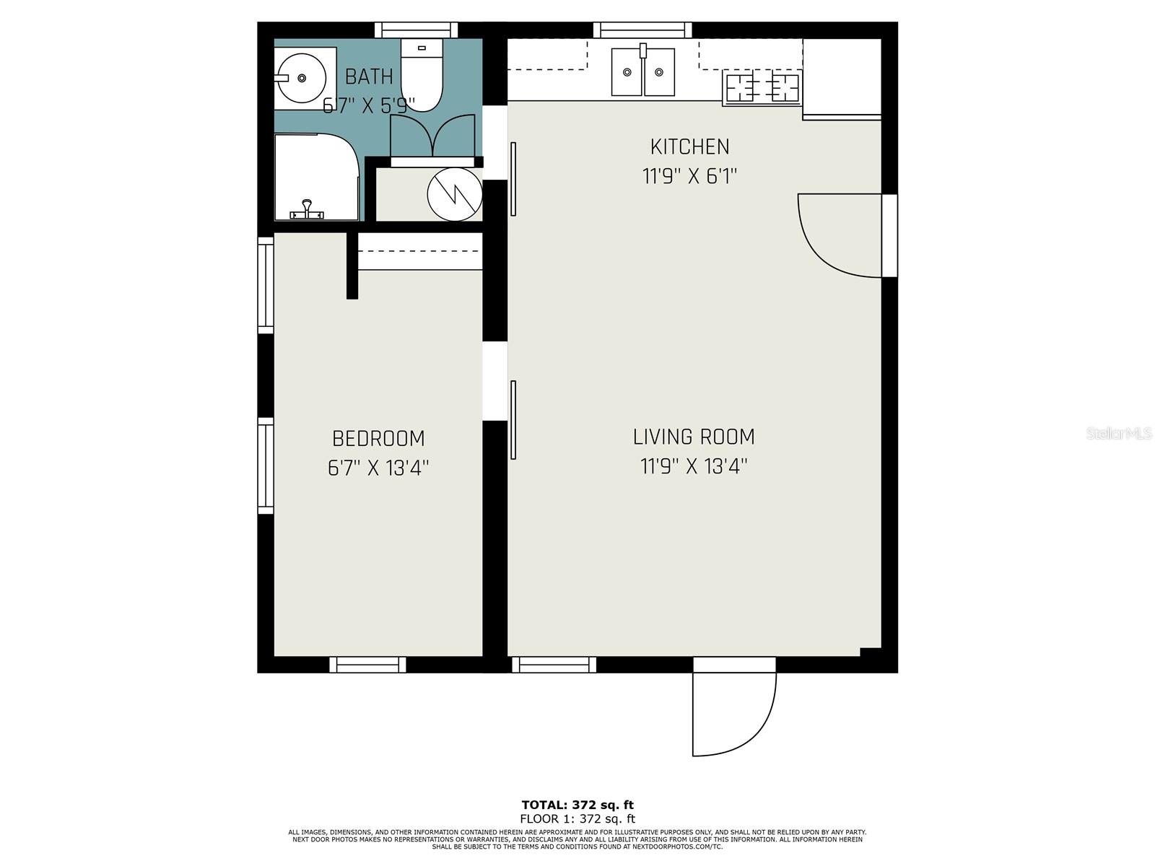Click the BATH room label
click(x=369, y=76)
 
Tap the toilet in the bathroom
click(x=422, y=78)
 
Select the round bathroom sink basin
click(x=302, y=78)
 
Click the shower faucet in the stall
click(x=308, y=211)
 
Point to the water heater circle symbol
click(x=454, y=193)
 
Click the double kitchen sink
click(x=642, y=71)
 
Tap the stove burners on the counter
click(x=762, y=88)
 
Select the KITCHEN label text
click(x=689, y=147)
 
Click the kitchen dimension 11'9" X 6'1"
click(x=689, y=176)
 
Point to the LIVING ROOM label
click(x=694, y=437)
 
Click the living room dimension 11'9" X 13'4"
click(x=694, y=467)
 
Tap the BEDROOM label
click(x=378, y=439)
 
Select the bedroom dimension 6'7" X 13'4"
click(x=378, y=468)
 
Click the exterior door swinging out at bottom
click(x=733, y=711)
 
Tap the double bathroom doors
click(x=432, y=136)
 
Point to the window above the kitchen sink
click(x=642, y=30)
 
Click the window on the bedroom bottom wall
click(x=367, y=665)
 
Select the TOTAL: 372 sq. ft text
click(x=577, y=805)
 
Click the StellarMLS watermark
click(x=1119, y=434)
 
